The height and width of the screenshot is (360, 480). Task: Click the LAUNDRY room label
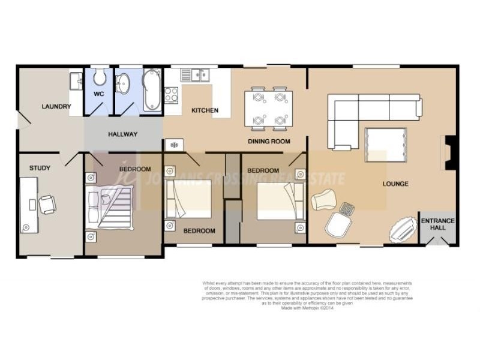point(56,107)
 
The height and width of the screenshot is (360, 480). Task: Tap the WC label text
point(99,94)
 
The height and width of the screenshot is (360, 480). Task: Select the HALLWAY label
point(123,134)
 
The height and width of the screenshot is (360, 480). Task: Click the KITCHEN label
point(205,110)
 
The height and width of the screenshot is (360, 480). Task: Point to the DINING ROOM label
point(269,142)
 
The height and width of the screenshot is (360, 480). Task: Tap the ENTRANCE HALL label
point(437,224)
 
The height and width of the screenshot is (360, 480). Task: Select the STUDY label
point(40,168)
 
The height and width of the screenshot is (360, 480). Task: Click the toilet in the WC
point(100,77)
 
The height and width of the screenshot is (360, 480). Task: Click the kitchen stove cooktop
point(171,95)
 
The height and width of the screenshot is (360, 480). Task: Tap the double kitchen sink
point(195,75)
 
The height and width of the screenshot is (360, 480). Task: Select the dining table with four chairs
point(268,109)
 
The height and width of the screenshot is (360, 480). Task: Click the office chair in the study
point(47,205)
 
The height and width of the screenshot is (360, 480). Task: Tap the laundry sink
point(76,81)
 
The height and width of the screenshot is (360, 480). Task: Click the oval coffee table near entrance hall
point(403,229)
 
